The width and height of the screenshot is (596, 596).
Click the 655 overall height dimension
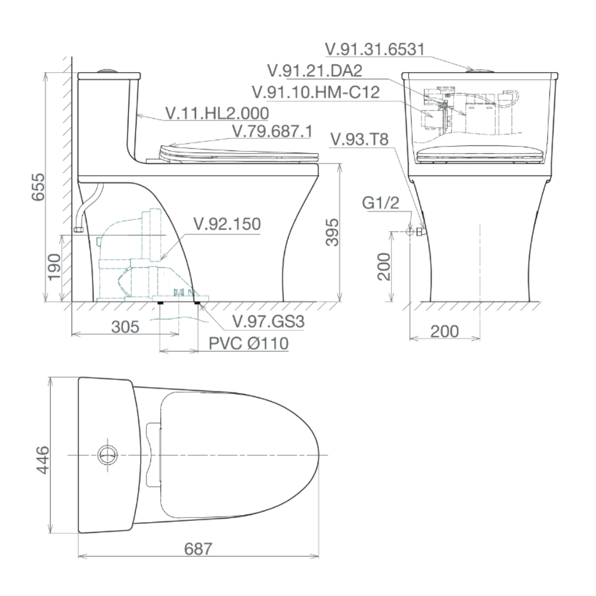pyautogui.click(x=38, y=187)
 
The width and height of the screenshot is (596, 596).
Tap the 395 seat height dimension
pyautogui.click(x=333, y=232)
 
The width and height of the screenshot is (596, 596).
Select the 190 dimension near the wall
pyautogui.click(x=54, y=266)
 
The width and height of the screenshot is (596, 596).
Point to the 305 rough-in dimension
pyautogui.click(x=125, y=327)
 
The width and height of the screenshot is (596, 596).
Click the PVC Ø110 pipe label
pyautogui.click(x=249, y=344)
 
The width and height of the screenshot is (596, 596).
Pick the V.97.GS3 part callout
pyautogui.click(x=268, y=322)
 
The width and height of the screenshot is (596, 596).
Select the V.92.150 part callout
pyautogui.click(x=227, y=224)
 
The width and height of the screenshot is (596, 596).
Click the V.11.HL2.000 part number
pyautogui.click(x=217, y=113)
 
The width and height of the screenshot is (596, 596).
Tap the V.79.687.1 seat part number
pyautogui.click(x=272, y=132)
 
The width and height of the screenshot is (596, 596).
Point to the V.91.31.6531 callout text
pyautogui.click(x=374, y=49)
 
